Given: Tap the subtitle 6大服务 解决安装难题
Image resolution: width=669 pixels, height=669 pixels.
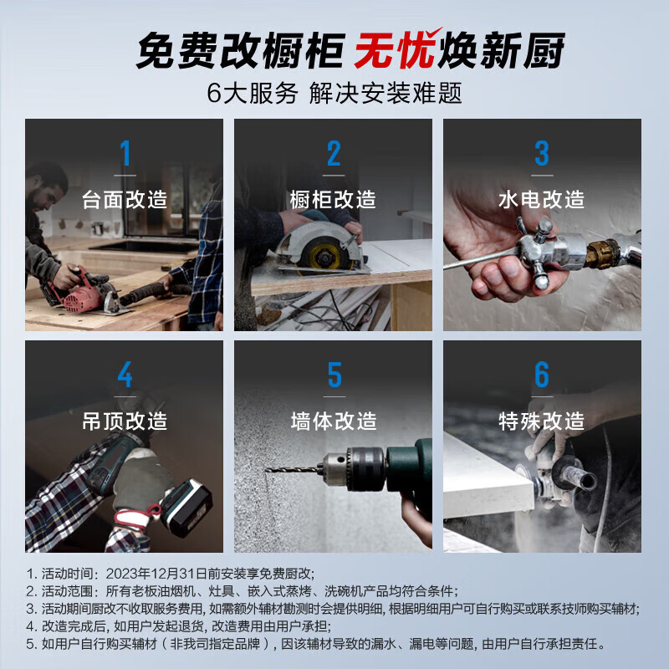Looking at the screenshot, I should click(334, 92).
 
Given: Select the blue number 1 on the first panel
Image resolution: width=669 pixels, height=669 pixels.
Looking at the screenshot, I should click(125, 154).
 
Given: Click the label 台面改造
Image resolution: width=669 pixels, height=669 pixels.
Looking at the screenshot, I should click(125, 200).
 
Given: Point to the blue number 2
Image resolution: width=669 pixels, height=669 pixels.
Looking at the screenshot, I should click(334, 154).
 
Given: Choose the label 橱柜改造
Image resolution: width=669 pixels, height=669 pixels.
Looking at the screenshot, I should click(334, 200).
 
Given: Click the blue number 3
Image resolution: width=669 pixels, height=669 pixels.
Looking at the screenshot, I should click(542, 154).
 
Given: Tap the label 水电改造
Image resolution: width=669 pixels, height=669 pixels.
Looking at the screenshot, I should click(542, 200).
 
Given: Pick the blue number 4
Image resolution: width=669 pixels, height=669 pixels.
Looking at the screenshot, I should click(125, 375).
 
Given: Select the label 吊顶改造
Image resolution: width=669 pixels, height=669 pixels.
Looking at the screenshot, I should click(125, 421).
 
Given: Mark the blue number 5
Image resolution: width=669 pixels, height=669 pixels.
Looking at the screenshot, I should click(334, 375).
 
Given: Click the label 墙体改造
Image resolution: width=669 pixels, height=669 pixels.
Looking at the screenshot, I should click(334, 421).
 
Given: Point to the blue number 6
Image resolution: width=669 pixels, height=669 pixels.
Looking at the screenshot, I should click(542, 375).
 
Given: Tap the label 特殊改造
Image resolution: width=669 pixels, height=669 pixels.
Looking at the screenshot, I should click(542, 421).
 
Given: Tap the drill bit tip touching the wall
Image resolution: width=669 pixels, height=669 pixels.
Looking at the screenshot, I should click(269, 470).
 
